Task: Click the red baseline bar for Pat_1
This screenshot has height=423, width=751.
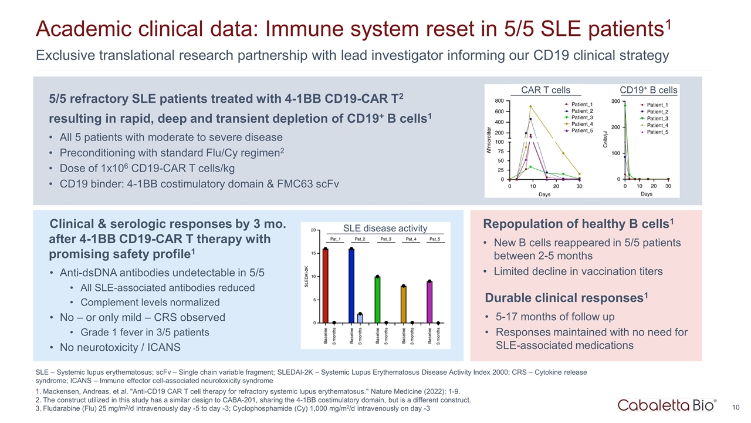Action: tap(325, 286)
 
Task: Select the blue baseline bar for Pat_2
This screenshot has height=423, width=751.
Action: tap(351, 286)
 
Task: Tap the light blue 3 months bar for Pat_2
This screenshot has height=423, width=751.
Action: tap(360, 318)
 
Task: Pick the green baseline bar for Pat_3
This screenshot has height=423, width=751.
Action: tap(377, 300)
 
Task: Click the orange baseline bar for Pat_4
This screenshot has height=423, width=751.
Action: tap(404, 304)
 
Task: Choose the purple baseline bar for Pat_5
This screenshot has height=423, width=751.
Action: tap(429, 302)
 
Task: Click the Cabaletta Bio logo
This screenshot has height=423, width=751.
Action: tap(667, 405)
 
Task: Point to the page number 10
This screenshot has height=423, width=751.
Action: tap(736, 408)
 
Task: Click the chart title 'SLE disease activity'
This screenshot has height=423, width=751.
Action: tap(385, 229)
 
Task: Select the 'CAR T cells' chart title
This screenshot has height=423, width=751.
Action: tap(546, 90)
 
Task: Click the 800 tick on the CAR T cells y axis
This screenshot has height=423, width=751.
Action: tap(499, 100)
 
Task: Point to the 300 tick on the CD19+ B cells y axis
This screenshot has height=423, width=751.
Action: tap(615, 101)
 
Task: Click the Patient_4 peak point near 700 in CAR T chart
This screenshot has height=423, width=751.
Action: tap(530, 106)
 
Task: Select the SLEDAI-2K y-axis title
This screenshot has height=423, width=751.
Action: tap(306, 277)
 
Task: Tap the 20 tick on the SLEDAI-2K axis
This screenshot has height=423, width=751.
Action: tap(313, 230)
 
